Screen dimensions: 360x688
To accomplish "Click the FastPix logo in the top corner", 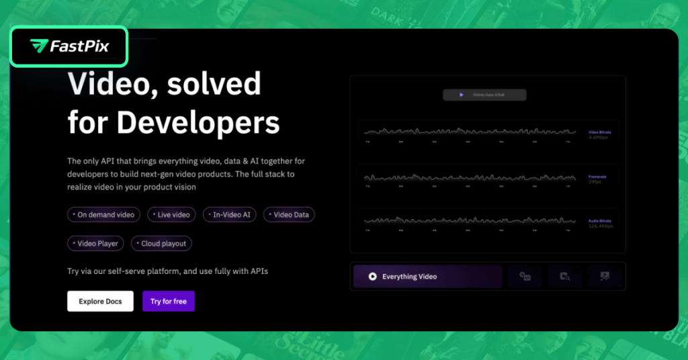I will point(69,46).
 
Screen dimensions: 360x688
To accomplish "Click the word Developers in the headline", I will point(198,122).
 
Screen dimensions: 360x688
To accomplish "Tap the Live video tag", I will point(171,215).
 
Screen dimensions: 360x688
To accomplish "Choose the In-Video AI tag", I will point(230,215).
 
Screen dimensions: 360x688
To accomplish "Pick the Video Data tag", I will point(289,215).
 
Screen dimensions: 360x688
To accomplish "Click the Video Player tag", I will point(95,244).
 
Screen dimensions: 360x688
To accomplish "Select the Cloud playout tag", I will point(161,244).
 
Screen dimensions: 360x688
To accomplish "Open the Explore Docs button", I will point(100,302).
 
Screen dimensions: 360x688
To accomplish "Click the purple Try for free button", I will point(169,302).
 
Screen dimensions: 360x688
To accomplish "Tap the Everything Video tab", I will point(427,277).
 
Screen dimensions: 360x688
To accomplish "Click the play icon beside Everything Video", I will point(372,277).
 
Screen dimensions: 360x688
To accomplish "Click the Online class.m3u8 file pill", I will point(484,95).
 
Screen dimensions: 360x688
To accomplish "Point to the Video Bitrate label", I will point(599,132).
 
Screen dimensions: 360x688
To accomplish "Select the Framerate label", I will point(597,177).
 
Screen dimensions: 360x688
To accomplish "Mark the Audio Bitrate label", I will point(599,221).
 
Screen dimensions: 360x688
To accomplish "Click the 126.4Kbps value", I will point(600,226).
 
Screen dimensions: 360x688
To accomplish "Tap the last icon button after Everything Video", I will point(604,276).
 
